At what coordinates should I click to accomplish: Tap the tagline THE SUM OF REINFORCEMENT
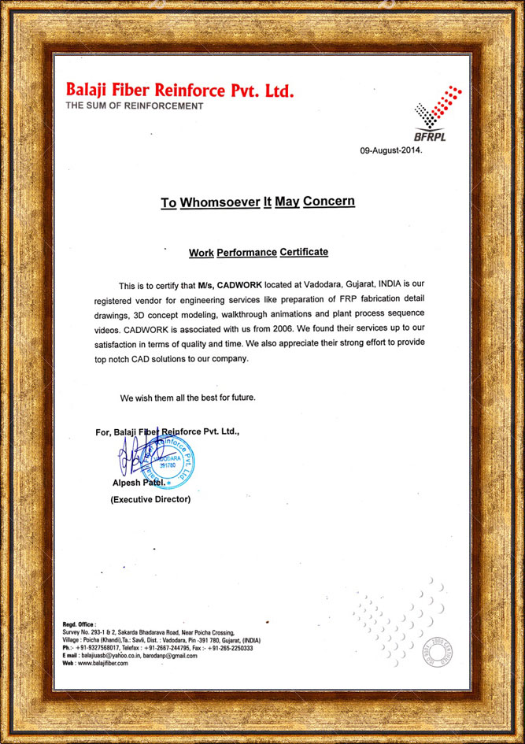click(134, 105)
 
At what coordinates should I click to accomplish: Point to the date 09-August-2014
click(391, 150)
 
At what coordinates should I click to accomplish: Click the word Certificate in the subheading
click(304, 253)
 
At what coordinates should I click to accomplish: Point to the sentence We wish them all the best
click(187, 398)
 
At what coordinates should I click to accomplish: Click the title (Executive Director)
click(150, 499)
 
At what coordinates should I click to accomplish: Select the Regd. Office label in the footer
click(79, 624)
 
